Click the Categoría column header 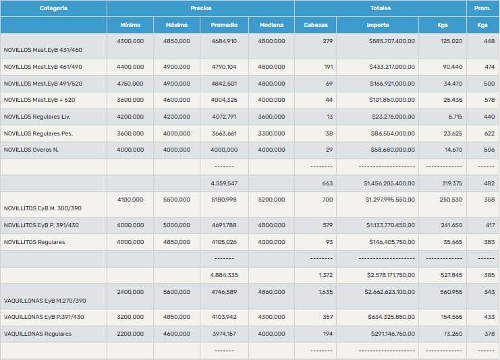tap(53, 8)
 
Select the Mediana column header tap(271, 25)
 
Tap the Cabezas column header tap(316, 25)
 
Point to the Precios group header tap(200, 8)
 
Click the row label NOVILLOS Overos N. tap(31, 150)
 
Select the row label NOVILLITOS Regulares tap(34, 242)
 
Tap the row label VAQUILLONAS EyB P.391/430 tap(44, 317)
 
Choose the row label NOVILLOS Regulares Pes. tap(38, 133)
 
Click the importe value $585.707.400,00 tap(392, 41)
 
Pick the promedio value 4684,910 tap(223, 41)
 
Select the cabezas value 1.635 tap(325, 292)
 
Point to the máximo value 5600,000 tap(177, 292)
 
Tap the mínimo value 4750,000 tap(130, 84)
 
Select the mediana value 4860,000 tap(271, 292)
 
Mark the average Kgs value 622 tap(489, 133)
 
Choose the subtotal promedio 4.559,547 tap(223, 183)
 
